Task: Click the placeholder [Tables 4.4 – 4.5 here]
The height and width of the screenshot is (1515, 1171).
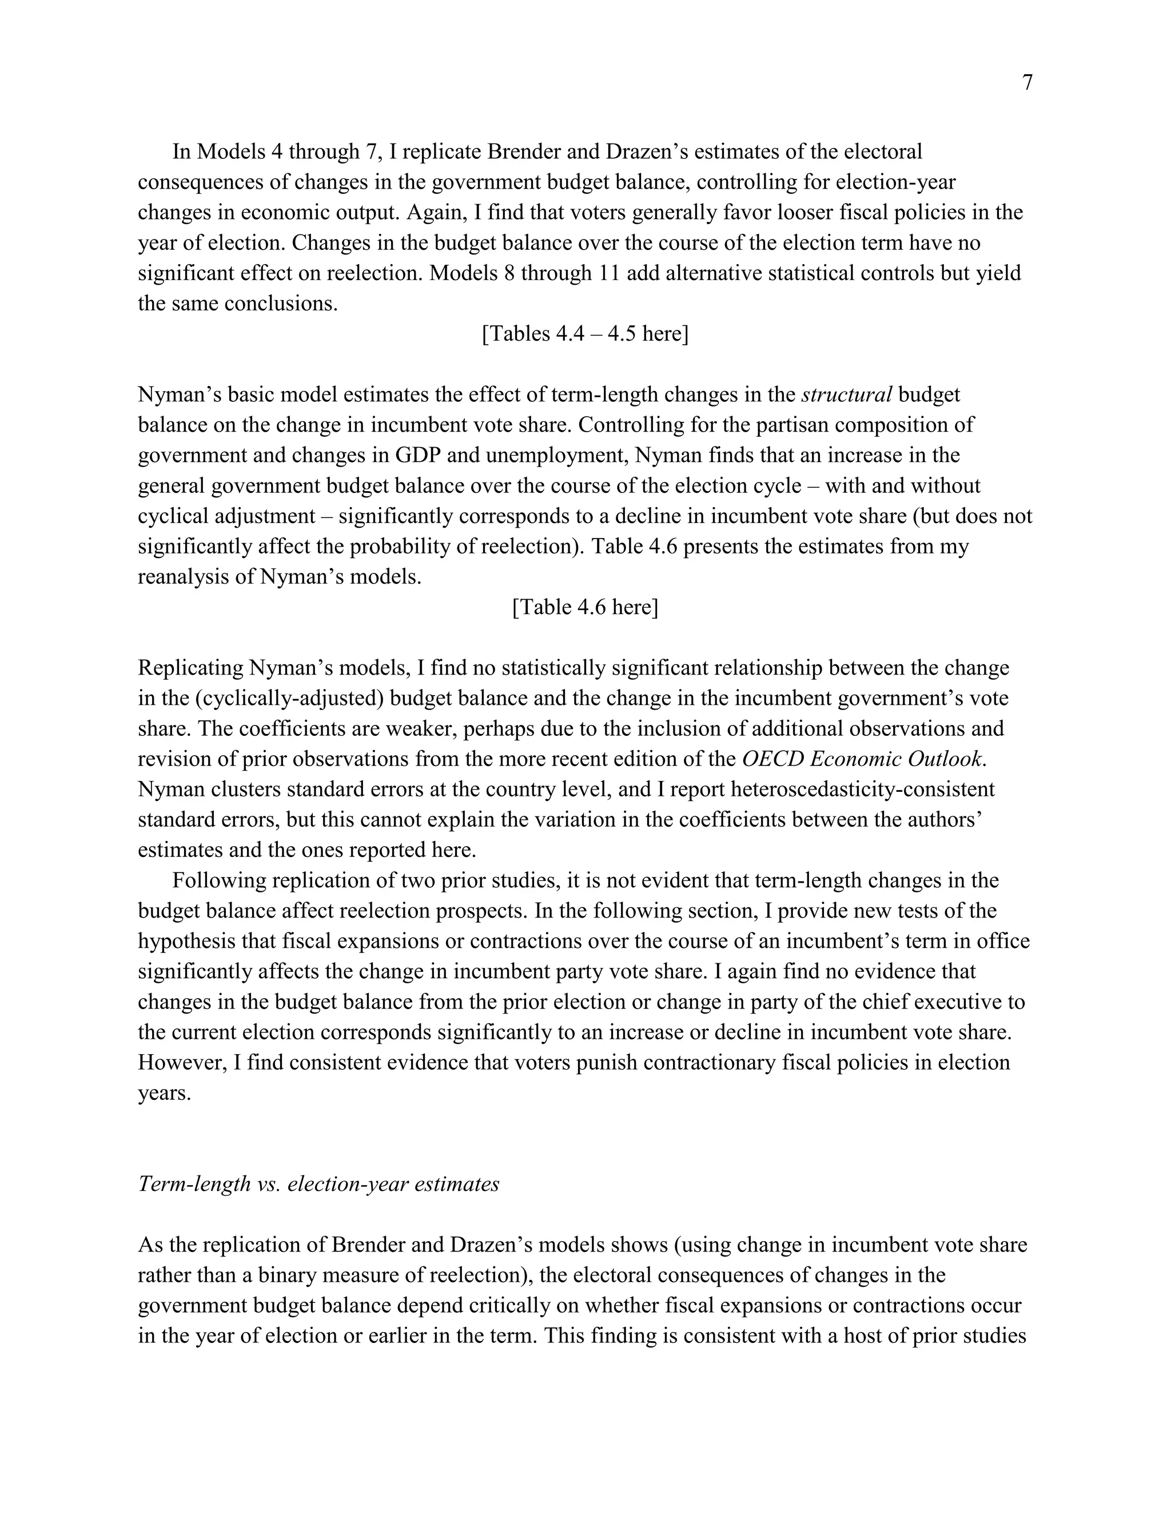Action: point(585,334)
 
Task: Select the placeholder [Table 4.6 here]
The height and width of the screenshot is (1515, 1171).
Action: point(585,608)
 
